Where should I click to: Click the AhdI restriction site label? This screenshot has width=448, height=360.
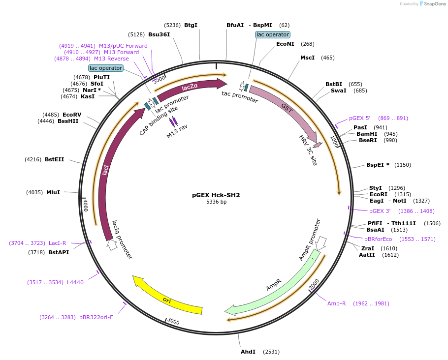pyautogui.click(x=248, y=352)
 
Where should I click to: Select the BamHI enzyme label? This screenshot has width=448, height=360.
pyautogui.click(x=366, y=134)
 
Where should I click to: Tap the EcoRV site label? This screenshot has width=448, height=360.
pyautogui.click(x=72, y=115)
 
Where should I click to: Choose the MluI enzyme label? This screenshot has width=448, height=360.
pyautogui.click(x=53, y=192)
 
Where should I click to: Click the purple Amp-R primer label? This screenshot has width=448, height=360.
pyautogui.click(x=337, y=303)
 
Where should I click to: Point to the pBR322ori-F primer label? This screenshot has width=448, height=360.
pyautogui.click(x=96, y=317)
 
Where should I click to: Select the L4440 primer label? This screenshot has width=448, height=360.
pyautogui.click(x=75, y=282)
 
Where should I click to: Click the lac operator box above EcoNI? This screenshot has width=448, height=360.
pyautogui.click(x=273, y=34)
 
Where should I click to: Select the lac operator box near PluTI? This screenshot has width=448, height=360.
pyautogui.click(x=106, y=68)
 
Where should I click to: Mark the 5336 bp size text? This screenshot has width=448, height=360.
pyautogui.click(x=216, y=202)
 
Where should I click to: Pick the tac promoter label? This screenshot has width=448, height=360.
pyautogui.click(x=240, y=97)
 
